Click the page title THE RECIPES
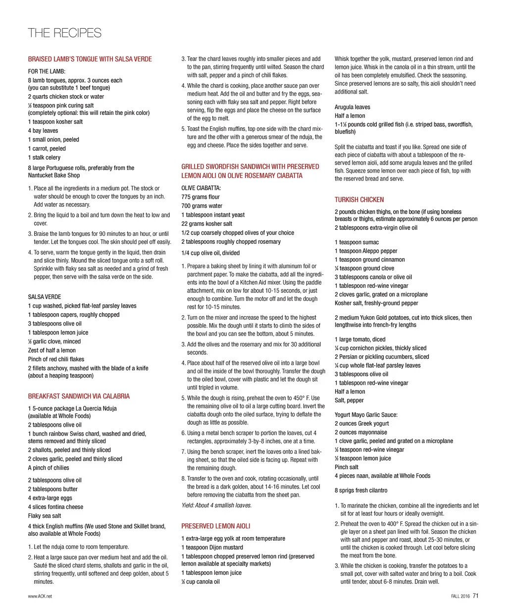point(64,33)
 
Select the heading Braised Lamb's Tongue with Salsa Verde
point(90,59)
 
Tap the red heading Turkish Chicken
point(359,200)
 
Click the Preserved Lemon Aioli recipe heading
point(215,526)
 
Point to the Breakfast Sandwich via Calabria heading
point(79,396)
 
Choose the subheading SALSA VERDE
point(45,297)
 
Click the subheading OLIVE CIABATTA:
point(201,188)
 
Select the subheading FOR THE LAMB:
point(47,71)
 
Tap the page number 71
point(476,596)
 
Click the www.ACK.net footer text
point(40,597)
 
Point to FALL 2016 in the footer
point(460,597)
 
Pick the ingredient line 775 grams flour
point(200,197)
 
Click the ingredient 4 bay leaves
point(43,131)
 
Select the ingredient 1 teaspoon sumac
point(356,242)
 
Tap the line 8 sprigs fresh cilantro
point(361,491)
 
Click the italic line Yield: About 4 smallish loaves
point(216,505)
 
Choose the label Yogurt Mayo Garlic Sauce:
point(366,415)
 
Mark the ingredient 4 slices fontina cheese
point(55,507)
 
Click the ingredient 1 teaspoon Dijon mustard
point(212,548)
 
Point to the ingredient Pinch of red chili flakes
point(56,359)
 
